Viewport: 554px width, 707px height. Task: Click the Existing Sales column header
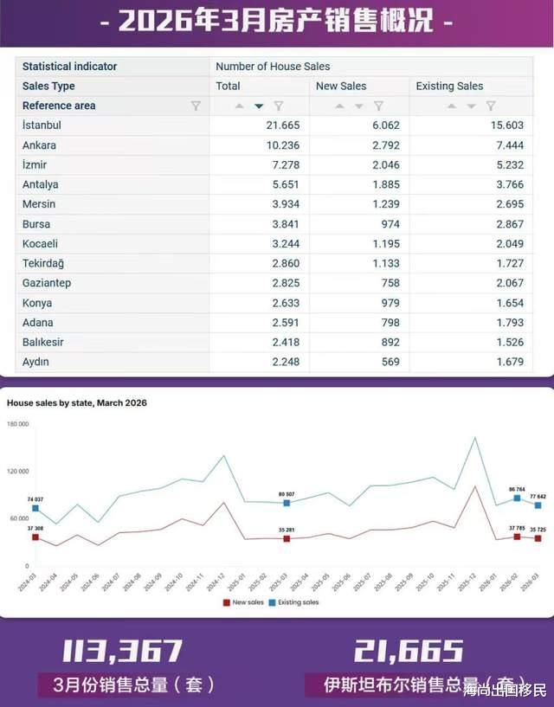449,86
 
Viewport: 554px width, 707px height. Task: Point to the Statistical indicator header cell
69,67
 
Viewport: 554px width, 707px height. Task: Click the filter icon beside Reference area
196,106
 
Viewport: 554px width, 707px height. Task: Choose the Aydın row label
35,362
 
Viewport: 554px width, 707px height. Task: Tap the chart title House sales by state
76,403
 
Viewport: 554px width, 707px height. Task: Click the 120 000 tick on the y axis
17,472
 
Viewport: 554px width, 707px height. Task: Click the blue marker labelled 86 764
517,498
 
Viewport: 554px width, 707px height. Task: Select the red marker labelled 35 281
287,538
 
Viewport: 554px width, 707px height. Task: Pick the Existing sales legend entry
295,602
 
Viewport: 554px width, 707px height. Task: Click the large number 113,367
122,652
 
